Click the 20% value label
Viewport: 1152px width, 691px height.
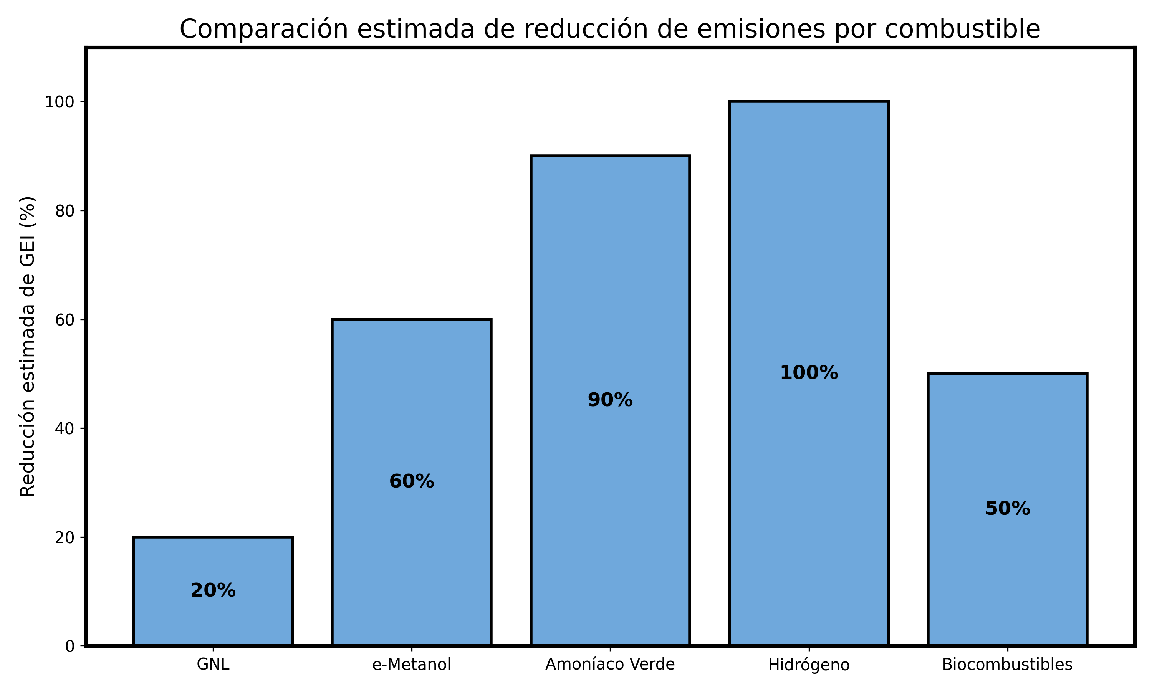tap(213, 591)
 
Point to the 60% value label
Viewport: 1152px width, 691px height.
tap(412, 481)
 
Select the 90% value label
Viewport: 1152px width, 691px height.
tap(610, 400)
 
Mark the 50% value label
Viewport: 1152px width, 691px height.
tap(1008, 509)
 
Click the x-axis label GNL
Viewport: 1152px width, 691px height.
tap(213, 665)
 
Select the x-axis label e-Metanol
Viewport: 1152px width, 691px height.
tap(412, 665)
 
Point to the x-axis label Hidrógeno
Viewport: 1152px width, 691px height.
tap(809, 665)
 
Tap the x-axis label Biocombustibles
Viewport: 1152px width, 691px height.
tap(1008, 665)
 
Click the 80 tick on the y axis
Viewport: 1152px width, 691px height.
tap(65, 211)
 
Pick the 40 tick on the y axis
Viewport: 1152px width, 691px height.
tap(65, 428)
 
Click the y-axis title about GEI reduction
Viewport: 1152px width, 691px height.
tap(28, 347)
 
